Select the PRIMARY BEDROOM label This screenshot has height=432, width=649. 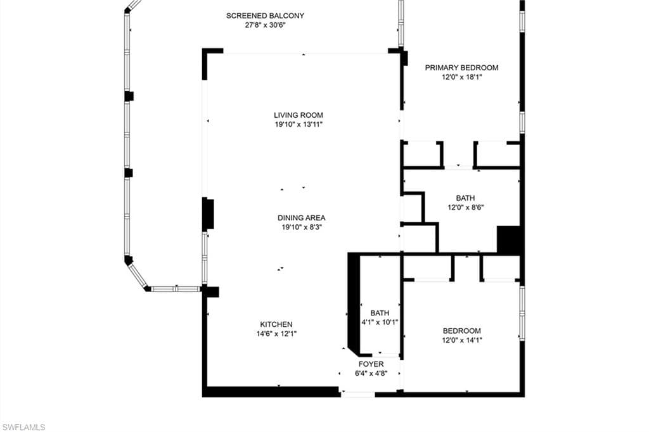coord(461,68)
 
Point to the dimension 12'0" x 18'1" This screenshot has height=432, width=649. coord(461,78)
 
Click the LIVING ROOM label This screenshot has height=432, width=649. coord(299,115)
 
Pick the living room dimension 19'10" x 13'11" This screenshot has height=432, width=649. coord(299,125)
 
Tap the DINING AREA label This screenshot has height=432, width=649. coord(301,218)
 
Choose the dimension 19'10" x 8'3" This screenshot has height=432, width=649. coord(301,227)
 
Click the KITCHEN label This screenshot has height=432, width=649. coord(276,324)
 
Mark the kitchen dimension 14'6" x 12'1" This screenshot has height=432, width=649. coord(276,334)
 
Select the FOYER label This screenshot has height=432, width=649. coord(371,364)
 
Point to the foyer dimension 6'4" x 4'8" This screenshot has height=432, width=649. coord(371,374)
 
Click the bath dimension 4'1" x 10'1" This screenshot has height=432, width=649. coord(380,322)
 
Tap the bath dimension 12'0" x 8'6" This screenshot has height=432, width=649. coord(465,207)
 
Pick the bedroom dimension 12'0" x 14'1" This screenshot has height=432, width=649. coord(461,340)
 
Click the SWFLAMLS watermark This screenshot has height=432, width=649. coord(23,427)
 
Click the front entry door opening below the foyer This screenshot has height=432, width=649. coord(358,395)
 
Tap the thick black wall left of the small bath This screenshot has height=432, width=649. coord(354,303)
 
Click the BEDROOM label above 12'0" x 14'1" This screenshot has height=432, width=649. coord(461,331)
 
